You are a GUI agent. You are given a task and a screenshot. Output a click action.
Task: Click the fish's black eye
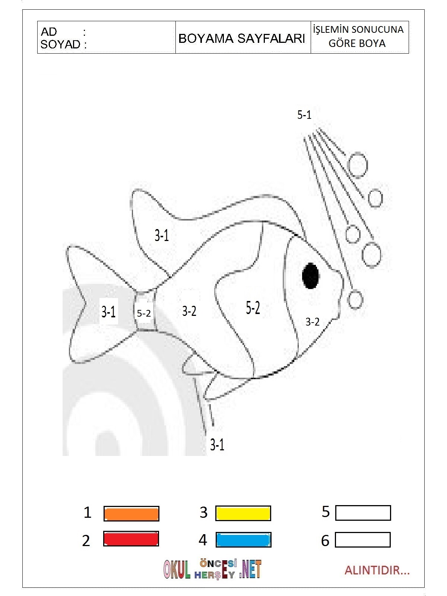click(x=311, y=276)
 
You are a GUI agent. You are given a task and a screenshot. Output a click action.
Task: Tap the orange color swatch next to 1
click(x=131, y=513)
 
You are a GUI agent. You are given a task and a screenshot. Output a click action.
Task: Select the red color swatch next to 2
click(x=131, y=539)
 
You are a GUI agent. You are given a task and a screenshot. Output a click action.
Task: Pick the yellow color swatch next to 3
click(x=243, y=513)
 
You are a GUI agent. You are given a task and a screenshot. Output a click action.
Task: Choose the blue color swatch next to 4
click(x=244, y=539)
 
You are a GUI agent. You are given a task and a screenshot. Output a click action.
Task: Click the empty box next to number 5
click(x=363, y=513)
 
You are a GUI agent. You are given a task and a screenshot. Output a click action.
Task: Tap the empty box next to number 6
click(x=363, y=539)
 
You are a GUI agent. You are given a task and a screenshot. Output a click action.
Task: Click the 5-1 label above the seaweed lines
click(x=304, y=115)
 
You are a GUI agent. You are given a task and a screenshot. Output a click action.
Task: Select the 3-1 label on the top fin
click(x=162, y=235)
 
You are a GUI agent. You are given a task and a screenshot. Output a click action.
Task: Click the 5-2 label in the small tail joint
click(x=143, y=313)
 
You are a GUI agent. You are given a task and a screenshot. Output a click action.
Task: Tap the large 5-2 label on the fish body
click(x=253, y=308)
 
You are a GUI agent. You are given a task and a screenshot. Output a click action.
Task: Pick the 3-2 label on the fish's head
click(x=313, y=322)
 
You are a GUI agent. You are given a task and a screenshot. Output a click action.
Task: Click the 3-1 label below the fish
click(x=217, y=445)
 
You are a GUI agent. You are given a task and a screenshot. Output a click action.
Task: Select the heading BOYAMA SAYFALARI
click(x=241, y=39)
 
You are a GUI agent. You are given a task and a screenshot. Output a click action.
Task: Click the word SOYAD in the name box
click(x=60, y=45)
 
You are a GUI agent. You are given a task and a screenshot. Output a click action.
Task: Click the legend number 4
click(x=203, y=540)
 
